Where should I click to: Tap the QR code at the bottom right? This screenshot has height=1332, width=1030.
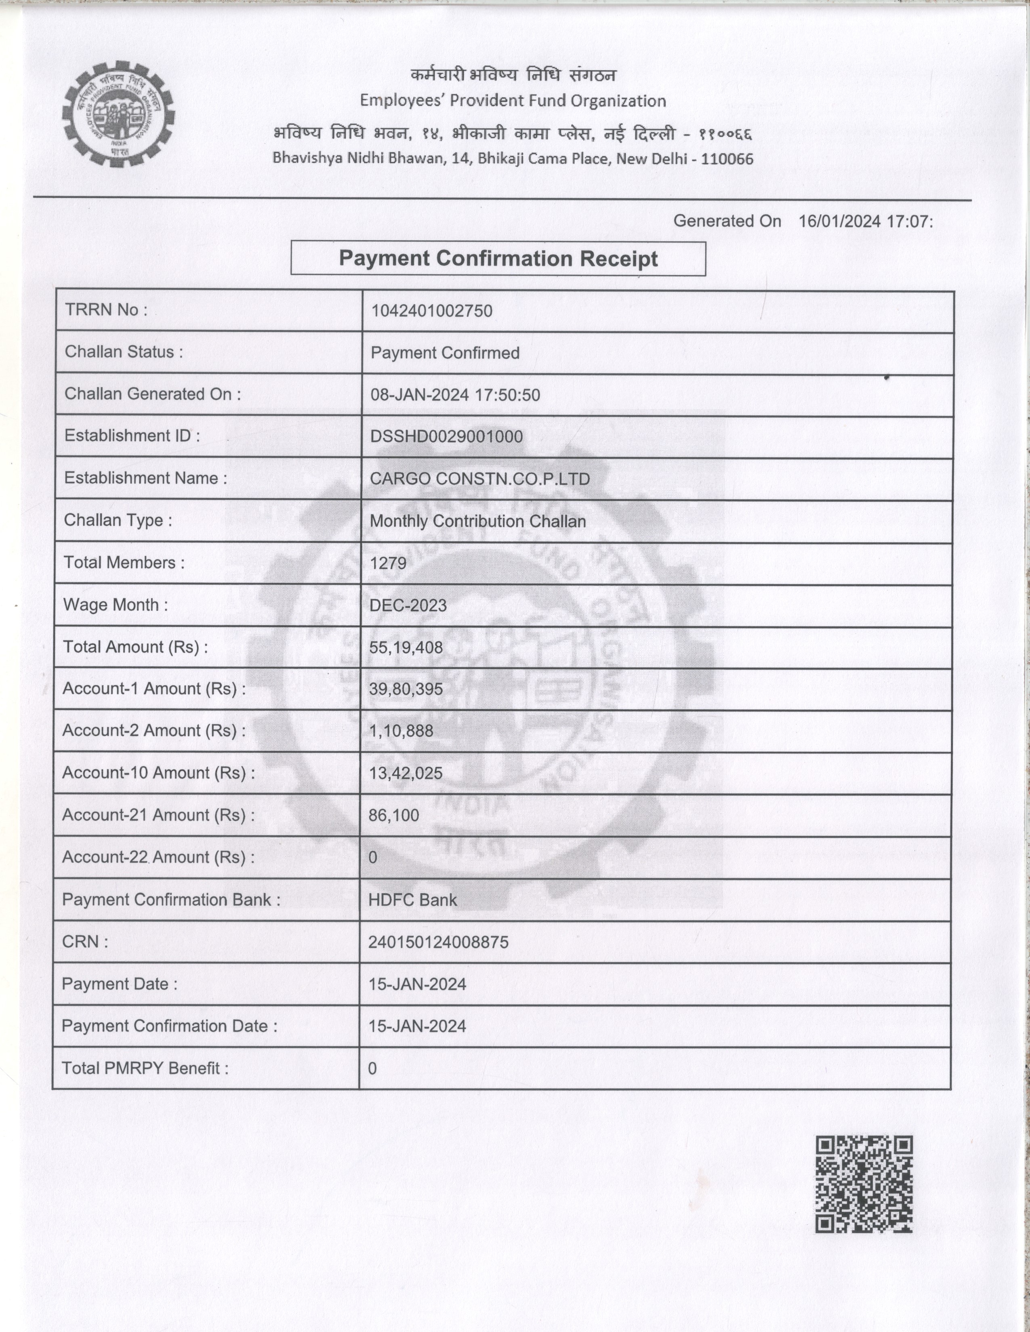pos(864,1184)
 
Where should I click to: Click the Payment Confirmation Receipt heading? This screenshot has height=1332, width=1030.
pos(498,259)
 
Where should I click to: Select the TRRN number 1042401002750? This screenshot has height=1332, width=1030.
pos(431,311)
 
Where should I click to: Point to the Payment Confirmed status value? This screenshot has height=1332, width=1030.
pos(445,353)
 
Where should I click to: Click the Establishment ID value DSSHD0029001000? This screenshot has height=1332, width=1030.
pos(446,437)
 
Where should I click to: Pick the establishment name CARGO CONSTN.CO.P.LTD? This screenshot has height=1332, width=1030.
pos(479,479)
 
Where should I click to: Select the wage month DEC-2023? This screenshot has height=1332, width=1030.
pos(408,605)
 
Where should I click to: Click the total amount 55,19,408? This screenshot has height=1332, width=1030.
pos(406,648)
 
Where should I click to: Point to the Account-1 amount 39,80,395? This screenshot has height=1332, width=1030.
pos(406,689)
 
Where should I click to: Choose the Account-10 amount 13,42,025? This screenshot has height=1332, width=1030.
pos(405,773)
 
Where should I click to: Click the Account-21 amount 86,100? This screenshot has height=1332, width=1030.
pos(393,815)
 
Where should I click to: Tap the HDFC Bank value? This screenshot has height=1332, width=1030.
pos(412,900)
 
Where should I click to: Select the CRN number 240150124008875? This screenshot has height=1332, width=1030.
pos(438,942)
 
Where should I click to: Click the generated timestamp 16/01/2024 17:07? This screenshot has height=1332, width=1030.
pos(865,221)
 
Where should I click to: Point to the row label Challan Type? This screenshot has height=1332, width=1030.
pos(118,520)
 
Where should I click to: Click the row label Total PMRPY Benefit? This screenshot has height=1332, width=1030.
pos(145,1068)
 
